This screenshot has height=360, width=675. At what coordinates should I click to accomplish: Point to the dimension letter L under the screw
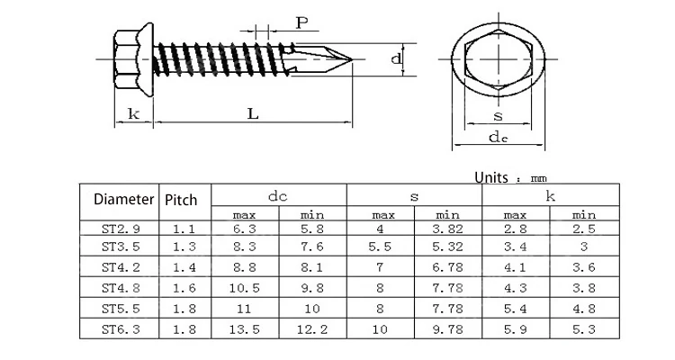click(253, 113)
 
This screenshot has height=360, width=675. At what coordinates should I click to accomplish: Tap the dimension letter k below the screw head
click(133, 113)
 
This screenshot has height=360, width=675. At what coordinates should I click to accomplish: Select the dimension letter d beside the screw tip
click(396, 59)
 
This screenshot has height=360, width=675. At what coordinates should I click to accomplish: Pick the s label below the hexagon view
click(497, 115)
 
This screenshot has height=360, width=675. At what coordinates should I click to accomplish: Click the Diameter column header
click(118, 199)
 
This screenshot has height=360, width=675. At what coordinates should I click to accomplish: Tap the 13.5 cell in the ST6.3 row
click(246, 329)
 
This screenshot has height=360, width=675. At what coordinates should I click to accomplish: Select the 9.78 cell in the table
click(448, 329)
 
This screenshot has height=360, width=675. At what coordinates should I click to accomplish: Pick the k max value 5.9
click(515, 329)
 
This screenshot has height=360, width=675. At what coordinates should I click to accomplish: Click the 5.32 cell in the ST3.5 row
click(448, 246)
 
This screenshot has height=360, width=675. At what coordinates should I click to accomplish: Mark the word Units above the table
click(492, 177)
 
